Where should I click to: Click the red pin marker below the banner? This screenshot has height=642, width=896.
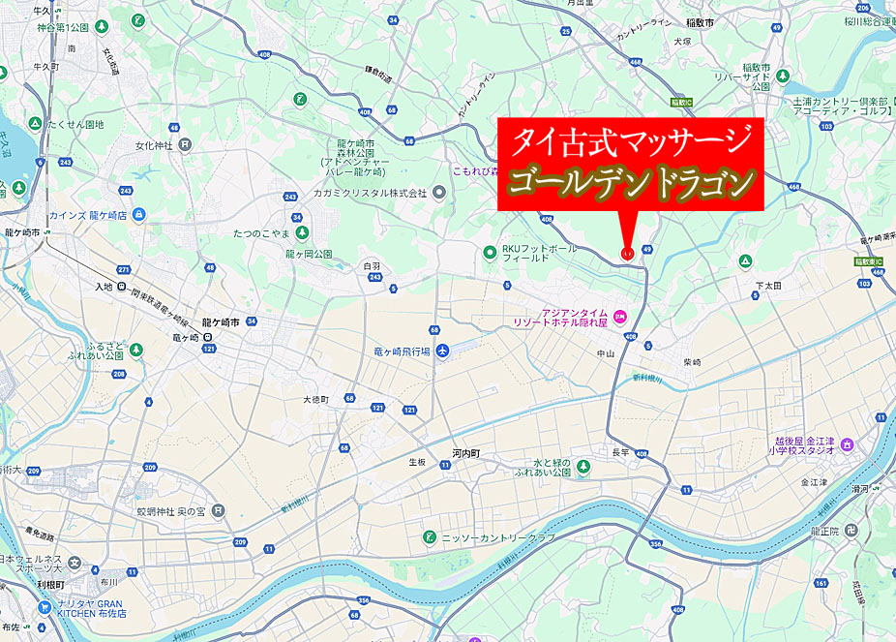point(627,253)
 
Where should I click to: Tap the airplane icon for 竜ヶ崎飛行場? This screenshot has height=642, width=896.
point(442,351)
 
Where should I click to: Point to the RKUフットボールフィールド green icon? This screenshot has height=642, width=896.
point(490,254)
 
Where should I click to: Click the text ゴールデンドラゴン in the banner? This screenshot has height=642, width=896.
point(631,181)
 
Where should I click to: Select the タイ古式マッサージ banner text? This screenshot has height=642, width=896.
point(631,141)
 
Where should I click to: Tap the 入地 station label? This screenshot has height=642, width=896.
point(104,287)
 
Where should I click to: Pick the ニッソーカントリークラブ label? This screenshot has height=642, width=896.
point(498,536)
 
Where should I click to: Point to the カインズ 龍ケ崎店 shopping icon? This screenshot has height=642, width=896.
point(139,214)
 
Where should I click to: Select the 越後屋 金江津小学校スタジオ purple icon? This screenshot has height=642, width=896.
point(848,444)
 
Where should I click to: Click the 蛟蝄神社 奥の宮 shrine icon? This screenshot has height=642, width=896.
point(218,509)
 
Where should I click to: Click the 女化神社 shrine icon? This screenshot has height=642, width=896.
point(185,145)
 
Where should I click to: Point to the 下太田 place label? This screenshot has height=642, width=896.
point(768,287)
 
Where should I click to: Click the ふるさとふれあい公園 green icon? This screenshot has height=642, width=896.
point(136,350)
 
